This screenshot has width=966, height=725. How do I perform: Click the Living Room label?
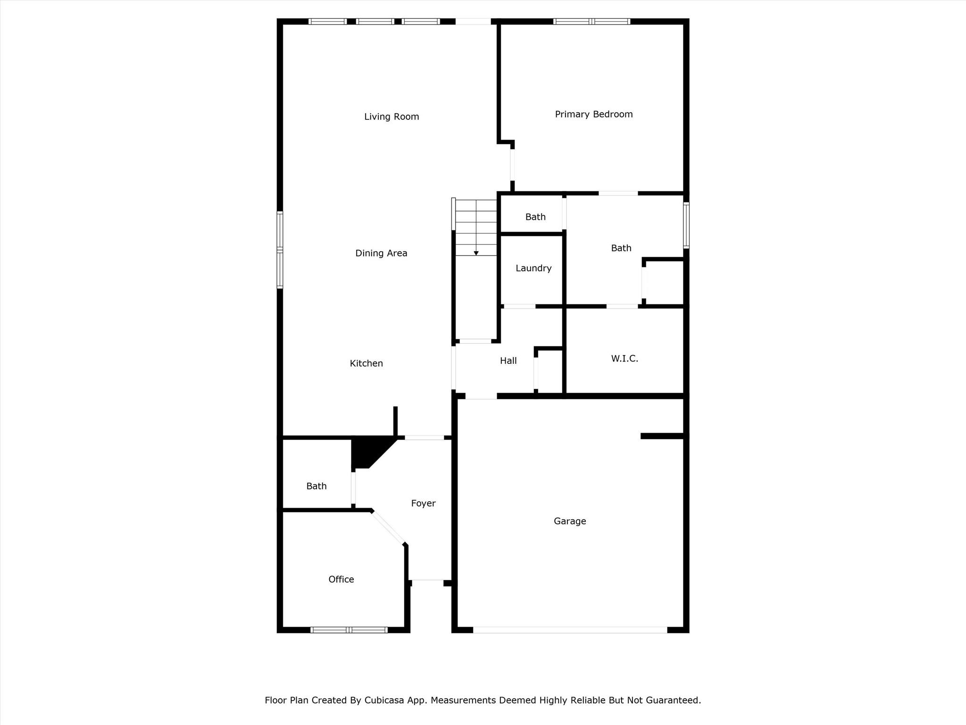click(x=391, y=117)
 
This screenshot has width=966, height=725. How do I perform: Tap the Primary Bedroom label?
click(x=593, y=114)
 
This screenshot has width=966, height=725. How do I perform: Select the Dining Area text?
click(x=381, y=253)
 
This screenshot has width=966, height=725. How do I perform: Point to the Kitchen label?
click(x=366, y=363)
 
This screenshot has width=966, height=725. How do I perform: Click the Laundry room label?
click(x=533, y=268)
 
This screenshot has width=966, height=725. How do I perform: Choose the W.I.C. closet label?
click(x=625, y=359)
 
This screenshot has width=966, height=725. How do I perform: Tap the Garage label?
click(x=570, y=521)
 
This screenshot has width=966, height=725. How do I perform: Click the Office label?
click(x=341, y=579)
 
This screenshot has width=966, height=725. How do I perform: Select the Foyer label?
click(x=423, y=503)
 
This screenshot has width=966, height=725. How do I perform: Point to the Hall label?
click(x=508, y=361)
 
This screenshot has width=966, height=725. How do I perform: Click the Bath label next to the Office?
click(x=316, y=486)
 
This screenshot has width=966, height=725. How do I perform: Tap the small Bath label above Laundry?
click(x=535, y=217)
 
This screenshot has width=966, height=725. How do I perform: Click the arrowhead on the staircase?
click(x=476, y=253)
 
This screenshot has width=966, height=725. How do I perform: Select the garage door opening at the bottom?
click(x=570, y=630)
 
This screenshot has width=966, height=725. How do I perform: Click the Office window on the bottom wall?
click(x=349, y=630)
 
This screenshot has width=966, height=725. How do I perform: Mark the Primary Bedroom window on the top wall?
click(x=591, y=21)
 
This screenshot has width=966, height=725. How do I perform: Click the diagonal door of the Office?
click(x=388, y=528)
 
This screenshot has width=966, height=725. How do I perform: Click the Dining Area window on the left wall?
click(x=280, y=250)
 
